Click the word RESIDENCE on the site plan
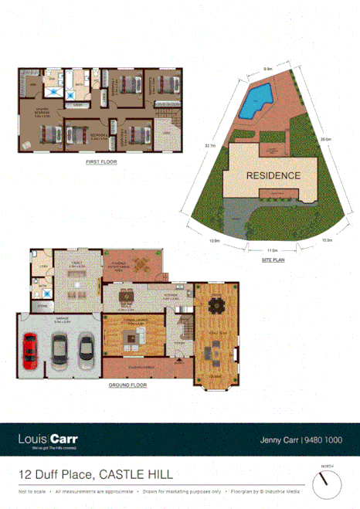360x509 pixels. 273,175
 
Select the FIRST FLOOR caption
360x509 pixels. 101,164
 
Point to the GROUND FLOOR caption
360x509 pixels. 127,384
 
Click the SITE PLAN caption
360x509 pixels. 273,262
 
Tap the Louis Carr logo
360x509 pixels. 48,441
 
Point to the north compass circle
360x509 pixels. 327,484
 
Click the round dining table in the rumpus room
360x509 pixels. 218,307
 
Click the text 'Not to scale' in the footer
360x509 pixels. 32,491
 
